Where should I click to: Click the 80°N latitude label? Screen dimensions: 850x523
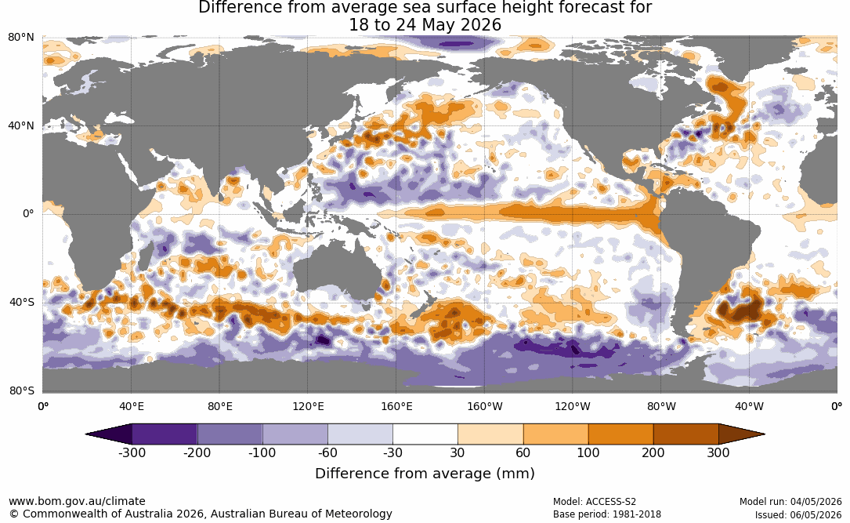20,38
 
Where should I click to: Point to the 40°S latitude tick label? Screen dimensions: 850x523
21,302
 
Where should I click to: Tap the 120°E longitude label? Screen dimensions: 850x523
308,406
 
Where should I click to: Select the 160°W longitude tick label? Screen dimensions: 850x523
485,406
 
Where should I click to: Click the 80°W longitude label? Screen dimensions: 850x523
661,406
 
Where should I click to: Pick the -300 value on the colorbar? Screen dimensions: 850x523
132,452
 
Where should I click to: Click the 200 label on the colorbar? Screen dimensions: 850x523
653,452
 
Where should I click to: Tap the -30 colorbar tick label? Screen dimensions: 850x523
392,452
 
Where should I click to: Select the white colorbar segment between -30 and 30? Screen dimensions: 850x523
425,434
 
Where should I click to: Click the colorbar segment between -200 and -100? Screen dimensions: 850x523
230,434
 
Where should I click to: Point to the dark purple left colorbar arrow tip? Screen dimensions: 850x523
86,434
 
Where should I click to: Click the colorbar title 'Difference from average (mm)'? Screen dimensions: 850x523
425,474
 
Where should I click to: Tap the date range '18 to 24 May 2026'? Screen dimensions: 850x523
425,25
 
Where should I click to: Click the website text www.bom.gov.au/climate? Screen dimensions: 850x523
77,501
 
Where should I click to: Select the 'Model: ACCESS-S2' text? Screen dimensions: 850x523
594,502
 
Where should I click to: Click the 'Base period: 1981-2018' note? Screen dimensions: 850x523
607,514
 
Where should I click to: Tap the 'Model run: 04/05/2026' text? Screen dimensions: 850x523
790,502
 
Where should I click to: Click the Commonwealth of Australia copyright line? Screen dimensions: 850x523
201,514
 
